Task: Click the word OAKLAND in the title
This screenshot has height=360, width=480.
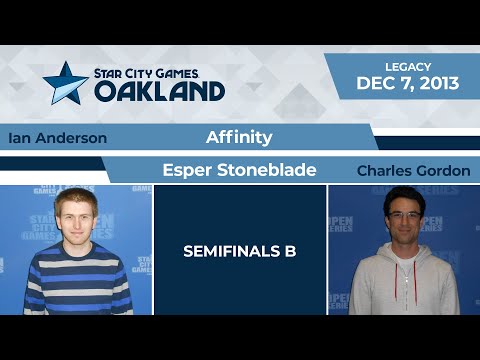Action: pos(160,90)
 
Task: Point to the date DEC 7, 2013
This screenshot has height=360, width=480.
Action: pos(408,84)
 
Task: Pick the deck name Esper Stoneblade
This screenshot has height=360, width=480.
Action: pos(239,170)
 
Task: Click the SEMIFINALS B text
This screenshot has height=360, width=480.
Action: pos(240,251)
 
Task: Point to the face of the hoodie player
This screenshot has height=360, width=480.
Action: pos(403,218)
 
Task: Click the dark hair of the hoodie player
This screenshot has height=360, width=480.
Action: pos(403,194)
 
